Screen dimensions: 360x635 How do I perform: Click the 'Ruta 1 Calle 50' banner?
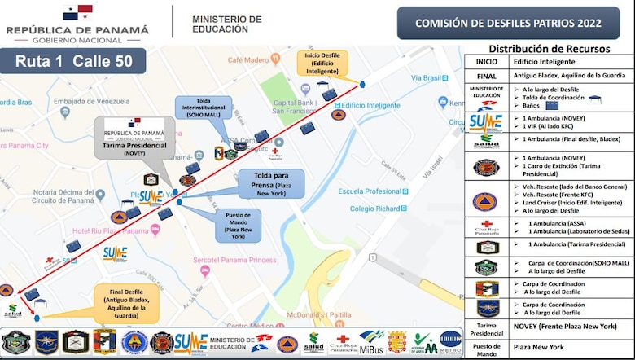tap(73, 60)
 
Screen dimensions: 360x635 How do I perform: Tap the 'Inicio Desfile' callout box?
tap(322, 63)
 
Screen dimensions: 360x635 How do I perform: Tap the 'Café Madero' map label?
tap(247, 59)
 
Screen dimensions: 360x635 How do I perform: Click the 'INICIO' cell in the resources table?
tap(486, 61)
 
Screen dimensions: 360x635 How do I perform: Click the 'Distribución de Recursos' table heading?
tap(550, 48)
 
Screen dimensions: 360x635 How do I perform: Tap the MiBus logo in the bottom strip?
tap(371, 342)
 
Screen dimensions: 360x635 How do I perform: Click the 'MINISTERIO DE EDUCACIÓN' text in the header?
tap(226, 24)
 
